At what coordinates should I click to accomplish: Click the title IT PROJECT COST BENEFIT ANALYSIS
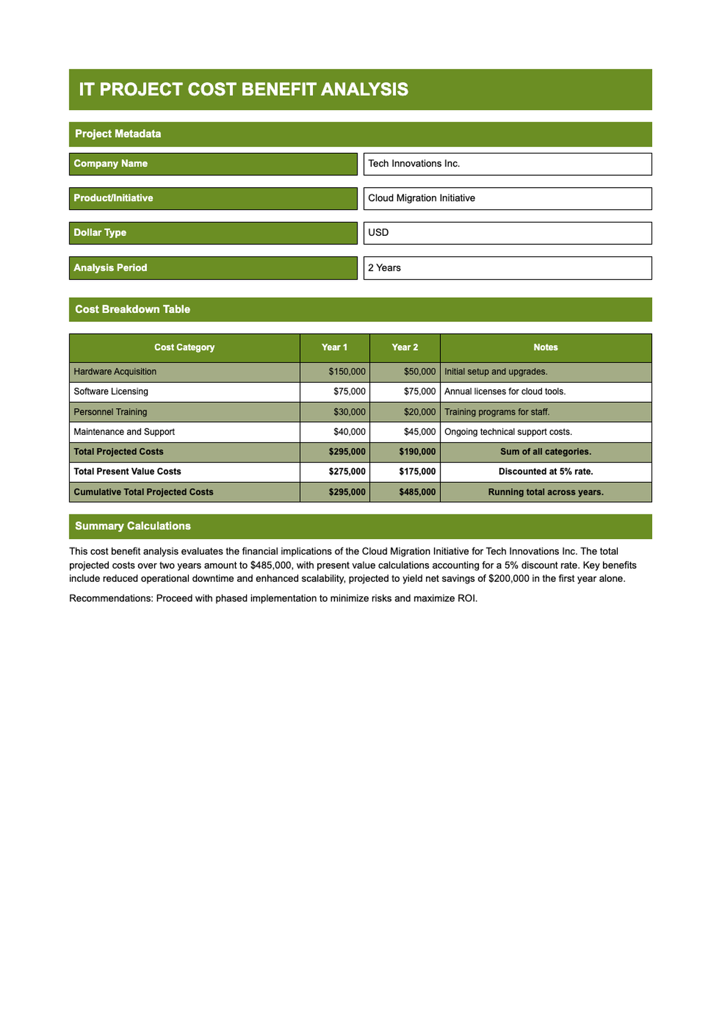[x=244, y=90]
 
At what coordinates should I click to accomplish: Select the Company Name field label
[x=111, y=164]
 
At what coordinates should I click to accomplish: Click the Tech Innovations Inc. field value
[x=414, y=164]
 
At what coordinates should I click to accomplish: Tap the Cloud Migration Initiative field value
[x=422, y=198]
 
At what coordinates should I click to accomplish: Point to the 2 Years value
[x=384, y=268]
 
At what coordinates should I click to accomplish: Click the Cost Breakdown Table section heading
[x=132, y=309]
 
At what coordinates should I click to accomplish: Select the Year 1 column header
[x=335, y=348]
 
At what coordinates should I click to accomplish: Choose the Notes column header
[x=546, y=348]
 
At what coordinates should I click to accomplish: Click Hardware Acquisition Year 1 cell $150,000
[x=347, y=372]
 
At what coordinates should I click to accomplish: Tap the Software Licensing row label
[x=111, y=392]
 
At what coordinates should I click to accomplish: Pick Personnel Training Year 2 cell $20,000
[x=419, y=412]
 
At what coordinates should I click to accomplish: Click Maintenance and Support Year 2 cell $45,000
[x=419, y=432]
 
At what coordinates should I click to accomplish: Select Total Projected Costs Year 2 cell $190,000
[x=417, y=452]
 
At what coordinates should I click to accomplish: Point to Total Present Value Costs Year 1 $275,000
[x=347, y=472]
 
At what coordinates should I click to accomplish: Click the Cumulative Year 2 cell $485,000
[x=417, y=492]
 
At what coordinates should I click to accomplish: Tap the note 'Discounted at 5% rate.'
[x=546, y=472]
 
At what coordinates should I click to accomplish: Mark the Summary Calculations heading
[x=133, y=526]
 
